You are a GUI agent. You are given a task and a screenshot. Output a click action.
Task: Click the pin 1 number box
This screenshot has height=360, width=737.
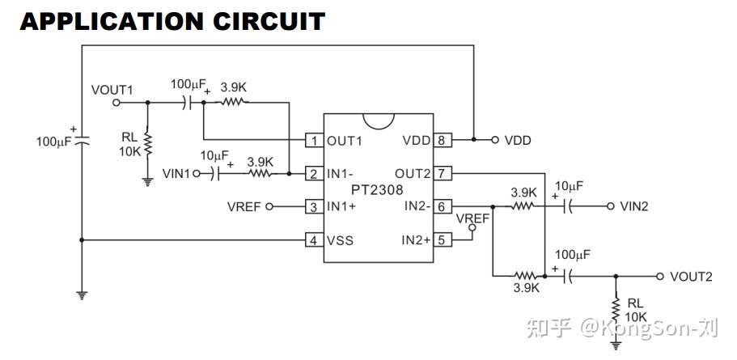click(x=314, y=140)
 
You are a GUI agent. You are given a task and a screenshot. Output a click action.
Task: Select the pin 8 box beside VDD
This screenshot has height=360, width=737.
click(x=442, y=140)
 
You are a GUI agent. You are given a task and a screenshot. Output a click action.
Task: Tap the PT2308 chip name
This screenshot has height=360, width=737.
click(x=377, y=190)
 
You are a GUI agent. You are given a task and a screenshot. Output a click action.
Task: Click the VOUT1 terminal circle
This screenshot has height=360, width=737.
click(x=116, y=103)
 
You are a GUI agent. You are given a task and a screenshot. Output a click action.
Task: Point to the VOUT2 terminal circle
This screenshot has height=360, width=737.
click(x=660, y=277)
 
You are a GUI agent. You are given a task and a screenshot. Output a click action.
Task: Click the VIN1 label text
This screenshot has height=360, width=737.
click(x=176, y=174)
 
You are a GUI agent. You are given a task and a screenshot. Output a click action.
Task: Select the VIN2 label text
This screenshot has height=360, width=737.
click(x=634, y=206)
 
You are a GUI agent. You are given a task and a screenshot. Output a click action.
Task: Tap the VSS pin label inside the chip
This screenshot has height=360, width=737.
click(x=340, y=240)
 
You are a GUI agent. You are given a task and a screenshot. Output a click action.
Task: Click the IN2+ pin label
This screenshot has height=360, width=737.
click(x=416, y=240)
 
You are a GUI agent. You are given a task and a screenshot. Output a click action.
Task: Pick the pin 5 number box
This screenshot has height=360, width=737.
click(x=442, y=240)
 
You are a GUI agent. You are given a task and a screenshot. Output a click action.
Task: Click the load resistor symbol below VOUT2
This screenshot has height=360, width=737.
click(x=616, y=309)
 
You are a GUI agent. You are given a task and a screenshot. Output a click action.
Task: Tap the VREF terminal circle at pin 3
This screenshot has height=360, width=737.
click(x=269, y=206)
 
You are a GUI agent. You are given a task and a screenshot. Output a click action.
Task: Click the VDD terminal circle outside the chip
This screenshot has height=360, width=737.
click(x=494, y=140)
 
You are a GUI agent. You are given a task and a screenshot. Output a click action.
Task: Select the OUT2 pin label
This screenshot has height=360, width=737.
click(x=413, y=174)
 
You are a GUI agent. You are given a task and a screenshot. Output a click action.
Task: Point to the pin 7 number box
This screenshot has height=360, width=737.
click(x=442, y=174)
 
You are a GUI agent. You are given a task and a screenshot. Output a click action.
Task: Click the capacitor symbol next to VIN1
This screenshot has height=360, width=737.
click(x=216, y=174)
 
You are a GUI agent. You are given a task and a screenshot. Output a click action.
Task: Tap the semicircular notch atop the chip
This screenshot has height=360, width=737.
click(x=379, y=121)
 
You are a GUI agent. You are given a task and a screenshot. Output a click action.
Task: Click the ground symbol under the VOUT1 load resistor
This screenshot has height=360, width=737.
click(x=148, y=182)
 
